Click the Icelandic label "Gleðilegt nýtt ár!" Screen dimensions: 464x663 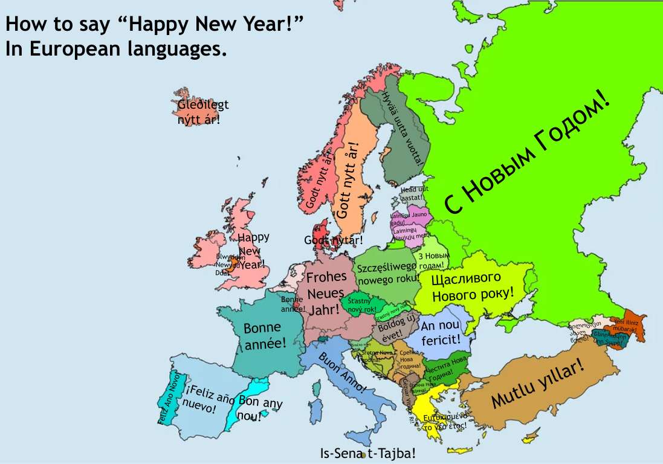(x=203, y=112)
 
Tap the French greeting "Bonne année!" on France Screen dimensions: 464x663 (x=264, y=336)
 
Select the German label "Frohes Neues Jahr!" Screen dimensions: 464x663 (x=326, y=293)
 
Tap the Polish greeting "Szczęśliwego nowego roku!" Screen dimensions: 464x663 (x=387, y=274)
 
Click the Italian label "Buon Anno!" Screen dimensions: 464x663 (x=341, y=372)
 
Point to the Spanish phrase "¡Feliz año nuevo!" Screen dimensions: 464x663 (x=209, y=399)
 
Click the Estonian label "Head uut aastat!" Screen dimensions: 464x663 (x=413, y=193)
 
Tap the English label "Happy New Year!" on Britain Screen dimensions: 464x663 (x=253, y=250)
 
